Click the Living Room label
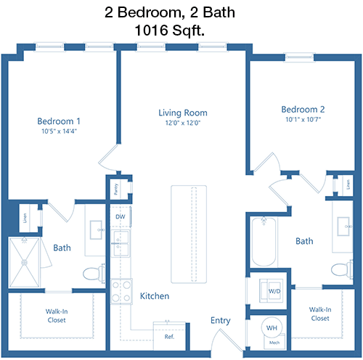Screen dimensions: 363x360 point(183,112)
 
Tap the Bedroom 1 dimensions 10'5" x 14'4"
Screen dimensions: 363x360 point(59,131)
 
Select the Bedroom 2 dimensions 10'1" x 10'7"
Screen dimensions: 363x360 point(303,120)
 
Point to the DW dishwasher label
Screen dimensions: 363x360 point(121,217)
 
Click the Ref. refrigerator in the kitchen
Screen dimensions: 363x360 point(169,336)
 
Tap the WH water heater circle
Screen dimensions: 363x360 point(272,327)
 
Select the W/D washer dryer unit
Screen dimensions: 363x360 point(271,290)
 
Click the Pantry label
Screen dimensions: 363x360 point(115,189)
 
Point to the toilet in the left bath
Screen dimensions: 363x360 point(94,273)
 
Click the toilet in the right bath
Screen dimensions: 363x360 point(342,269)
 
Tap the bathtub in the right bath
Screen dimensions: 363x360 point(264,242)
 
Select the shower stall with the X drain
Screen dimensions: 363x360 point(24,262)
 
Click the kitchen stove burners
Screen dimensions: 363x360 point(121,291)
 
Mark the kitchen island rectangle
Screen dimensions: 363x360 point(189,234)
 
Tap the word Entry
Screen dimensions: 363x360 point(221,321)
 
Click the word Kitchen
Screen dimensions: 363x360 point(155,296)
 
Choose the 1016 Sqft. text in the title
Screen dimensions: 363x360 point(170,30)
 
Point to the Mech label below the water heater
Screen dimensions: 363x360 point(274,343)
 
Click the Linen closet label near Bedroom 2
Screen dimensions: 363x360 point(348,184)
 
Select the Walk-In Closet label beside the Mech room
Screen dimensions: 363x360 point(320,314)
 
